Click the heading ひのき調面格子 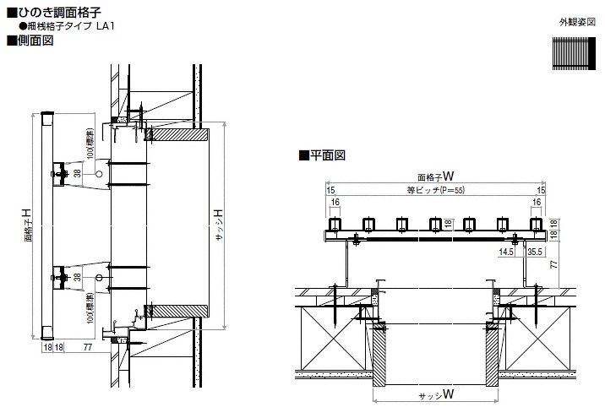pos(59,12)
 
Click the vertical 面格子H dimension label pos(29,225)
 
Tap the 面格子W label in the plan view pos(436,176)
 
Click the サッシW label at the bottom pos(436,394)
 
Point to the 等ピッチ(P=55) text pos(436,191)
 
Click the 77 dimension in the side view pos(87,346)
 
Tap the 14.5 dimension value pos(507,252)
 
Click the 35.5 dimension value pos(534,252)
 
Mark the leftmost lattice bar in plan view pos(335,225)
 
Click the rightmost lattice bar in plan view pos(536,225)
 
